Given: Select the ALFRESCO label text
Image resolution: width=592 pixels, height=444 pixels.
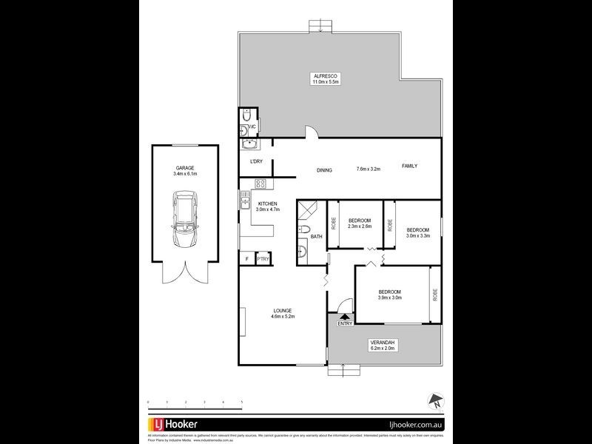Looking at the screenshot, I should pyautogui.click(x=325, y=78).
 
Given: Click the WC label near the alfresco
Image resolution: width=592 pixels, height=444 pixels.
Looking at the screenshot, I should pyautogui.click(x=251, y=126).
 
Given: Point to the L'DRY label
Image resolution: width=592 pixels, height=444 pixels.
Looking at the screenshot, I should pyautogui.click(x=256, y=162).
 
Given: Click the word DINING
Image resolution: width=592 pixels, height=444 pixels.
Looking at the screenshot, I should pyautogui.click(x=324, y=170).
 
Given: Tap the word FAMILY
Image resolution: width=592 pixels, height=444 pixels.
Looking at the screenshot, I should pyautogui.click(x=409, y=166).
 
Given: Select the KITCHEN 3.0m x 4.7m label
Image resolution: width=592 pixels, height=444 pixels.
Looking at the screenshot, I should pyautogui.click(x=266, y=206).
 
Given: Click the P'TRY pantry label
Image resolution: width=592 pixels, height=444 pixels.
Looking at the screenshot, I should pyautogui.click(x=263, y=258).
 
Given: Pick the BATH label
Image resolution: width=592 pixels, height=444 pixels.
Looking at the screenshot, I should pyautogui.click(x=316, y=237).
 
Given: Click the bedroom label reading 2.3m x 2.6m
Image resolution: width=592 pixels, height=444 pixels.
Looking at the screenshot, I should pyautogui.click(x=360, y=223).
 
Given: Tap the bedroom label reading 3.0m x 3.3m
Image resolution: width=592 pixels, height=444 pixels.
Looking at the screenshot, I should pyautogui.click(x=417, y=232).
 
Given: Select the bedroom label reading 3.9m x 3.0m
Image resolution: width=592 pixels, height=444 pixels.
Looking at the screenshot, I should pyautogui.click(x=390, y=295).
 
